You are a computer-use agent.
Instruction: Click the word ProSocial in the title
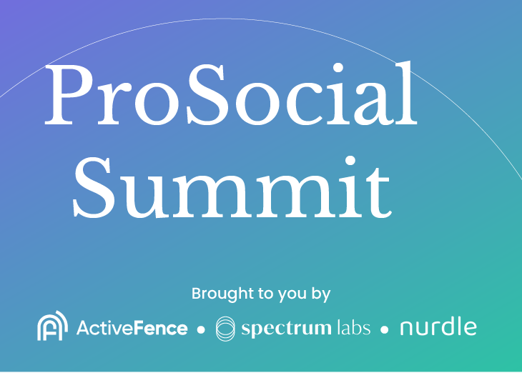[231, 94]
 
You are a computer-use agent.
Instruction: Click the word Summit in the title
[232, 187]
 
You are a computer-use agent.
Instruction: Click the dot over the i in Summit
[350, 161]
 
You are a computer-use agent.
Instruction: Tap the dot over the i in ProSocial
[338, 68]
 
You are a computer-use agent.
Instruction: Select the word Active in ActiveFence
[104, 328]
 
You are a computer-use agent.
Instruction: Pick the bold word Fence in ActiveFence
[160, 328]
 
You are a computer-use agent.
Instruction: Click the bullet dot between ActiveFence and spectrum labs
[201, 329]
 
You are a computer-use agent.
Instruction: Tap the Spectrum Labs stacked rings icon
[225, 329]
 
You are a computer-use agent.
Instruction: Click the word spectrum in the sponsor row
[286, 329]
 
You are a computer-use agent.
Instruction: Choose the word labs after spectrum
[353, 328]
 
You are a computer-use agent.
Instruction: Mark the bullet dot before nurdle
[385, 329]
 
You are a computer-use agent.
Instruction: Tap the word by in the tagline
[321, 294]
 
